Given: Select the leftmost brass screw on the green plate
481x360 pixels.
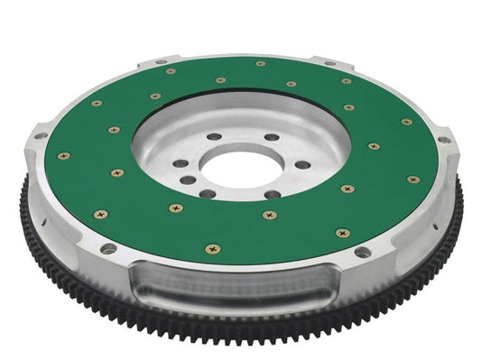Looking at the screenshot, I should click(63, 155).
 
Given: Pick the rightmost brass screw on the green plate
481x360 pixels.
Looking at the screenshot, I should click(412, 180).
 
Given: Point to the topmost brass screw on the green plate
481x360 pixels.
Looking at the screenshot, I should click(260, 63).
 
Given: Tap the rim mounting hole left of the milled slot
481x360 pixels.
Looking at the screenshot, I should click(108, 248).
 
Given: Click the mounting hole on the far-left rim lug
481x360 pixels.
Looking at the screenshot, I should click(41, 137).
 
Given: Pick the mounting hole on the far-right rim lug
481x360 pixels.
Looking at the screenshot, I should click(444, 140).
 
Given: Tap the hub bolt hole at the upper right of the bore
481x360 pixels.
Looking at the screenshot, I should click(272, 138).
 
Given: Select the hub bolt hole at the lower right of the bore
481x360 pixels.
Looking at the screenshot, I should click(272, 194).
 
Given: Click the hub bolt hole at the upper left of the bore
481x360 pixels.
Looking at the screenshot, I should click(213, 137).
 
